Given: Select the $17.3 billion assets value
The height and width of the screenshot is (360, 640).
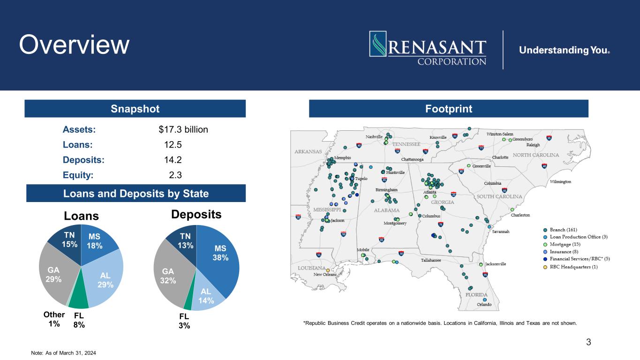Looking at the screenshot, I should pyautogui.click(x=183, y=129).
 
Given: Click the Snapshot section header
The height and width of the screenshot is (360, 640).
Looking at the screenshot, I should pyautogui.click(x=136, y=109).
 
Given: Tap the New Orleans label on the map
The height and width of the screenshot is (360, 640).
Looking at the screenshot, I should pyautogui.click(x=325, y=275).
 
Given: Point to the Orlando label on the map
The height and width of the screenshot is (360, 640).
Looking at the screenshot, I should pyautogui.click(x=484, y=305).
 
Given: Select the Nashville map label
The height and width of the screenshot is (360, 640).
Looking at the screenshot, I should pyautogui.click(x=374, y=136).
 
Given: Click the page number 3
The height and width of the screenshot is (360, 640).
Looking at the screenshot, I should pyautogui.click(x=588, y=342).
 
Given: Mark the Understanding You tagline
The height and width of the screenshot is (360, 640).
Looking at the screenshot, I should pyautogui.click(x=564, y=50).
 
